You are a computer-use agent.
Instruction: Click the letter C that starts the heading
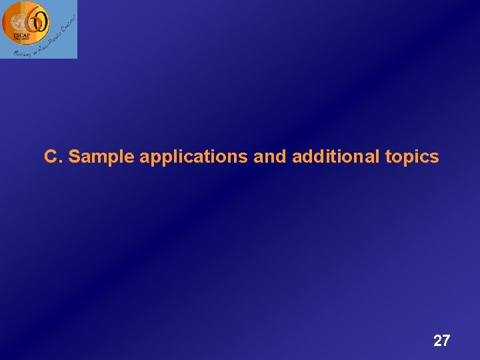(50, 157)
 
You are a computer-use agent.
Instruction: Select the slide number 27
(441, 341)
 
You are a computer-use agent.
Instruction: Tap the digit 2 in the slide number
(437, 341)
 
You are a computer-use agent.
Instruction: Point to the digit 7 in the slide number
(446, 341)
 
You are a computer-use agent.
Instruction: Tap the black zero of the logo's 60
(39, 23)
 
